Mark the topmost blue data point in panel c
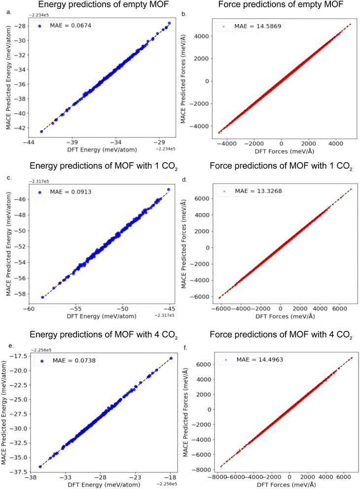click(169, 189)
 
